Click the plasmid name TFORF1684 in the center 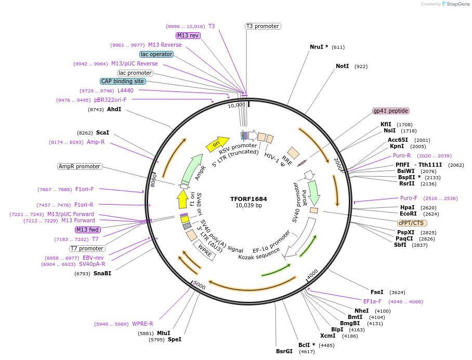click(x=248, y=198)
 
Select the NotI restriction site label click(x=342, y=66)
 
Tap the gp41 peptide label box click(x=391, y=111)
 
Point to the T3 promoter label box click(x=263, y=26)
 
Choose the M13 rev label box click(x=188, y=35)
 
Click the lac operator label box click(x=156, y=54)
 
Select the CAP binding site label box click(x=123, y=81)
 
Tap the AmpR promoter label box click(x=80, y=166)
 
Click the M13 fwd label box click(x=87, y=230)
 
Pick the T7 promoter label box click(x=87, y=248)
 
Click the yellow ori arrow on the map click(x=217, y=144)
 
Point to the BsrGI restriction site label click(x=284, y=351)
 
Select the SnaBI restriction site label click(x=102, y=273)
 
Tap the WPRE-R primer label click(x=142, y=324)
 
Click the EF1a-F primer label click(x=372, y=301)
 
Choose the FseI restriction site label click(x=377, y=292)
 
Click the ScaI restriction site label click(x=102, y=133)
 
